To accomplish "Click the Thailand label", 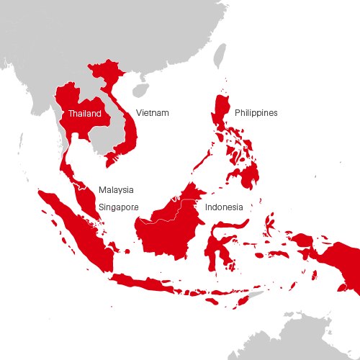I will (81, 113).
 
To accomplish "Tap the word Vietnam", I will (152, 113).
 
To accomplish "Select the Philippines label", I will (256, 113).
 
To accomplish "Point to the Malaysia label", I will (115, 189).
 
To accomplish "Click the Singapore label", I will (117, 207).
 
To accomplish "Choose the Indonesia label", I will (223, 207).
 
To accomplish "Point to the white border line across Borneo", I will (162, 215).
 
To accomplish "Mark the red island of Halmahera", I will (269, 223).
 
